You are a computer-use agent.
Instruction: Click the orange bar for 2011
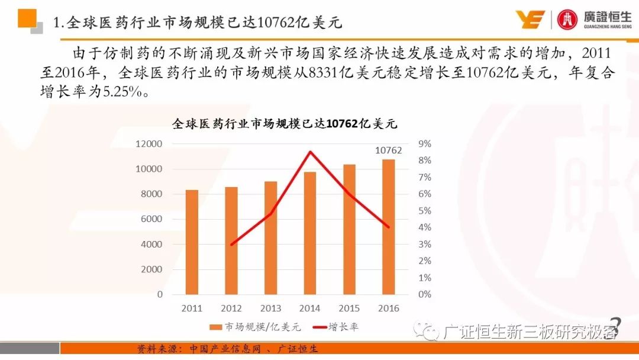tap(192, 242)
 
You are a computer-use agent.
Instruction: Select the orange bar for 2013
tap(270, 237)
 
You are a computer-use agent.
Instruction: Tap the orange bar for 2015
tap(349, 229)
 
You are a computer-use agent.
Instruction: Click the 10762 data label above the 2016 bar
tap(388, 150)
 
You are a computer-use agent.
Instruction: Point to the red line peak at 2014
tap(310, 152)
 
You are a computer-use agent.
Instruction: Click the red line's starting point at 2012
tap(231, 244)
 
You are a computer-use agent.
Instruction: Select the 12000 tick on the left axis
tap(149, 144)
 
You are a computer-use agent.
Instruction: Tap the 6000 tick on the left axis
tap(151, 219)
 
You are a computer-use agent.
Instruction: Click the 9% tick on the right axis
tap(424, 144)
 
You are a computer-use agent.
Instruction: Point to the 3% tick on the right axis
tap(424, 244)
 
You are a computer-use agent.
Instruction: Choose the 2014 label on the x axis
tap(309, 308)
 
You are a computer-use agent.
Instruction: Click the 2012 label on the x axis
tap(231, 308)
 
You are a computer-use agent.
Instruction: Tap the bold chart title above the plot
tap(285, 124)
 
